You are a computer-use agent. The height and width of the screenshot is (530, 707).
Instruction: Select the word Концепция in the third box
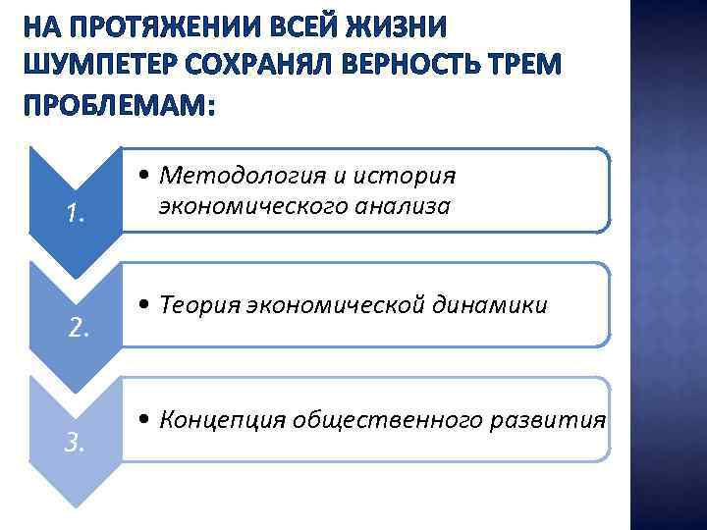point(217,420)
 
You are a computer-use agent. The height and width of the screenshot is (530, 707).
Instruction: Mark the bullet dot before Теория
point(144,307)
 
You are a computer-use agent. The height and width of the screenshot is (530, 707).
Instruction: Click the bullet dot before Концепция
point(144,421)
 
